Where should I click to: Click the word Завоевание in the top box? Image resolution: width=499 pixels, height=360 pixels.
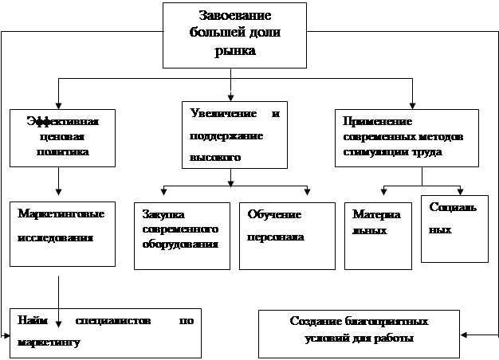pyautogui.click(x=234, y=16)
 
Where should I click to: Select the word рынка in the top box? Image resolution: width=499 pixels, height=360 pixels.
pyautogui.click(x=234, y=51)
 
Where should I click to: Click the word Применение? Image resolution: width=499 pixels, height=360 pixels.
pyautogui.click(x=377, y=121)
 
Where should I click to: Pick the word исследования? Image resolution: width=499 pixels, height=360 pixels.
pyautogui.click(x=58, y=237)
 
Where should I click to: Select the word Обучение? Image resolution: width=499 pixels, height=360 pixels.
pyautogui.click(x=274, y=215)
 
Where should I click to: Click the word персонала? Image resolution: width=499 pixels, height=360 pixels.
pyautogui.click(x=275, y=237)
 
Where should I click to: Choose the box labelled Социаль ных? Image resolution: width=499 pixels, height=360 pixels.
pyautogui.click(x=454, y=228)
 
